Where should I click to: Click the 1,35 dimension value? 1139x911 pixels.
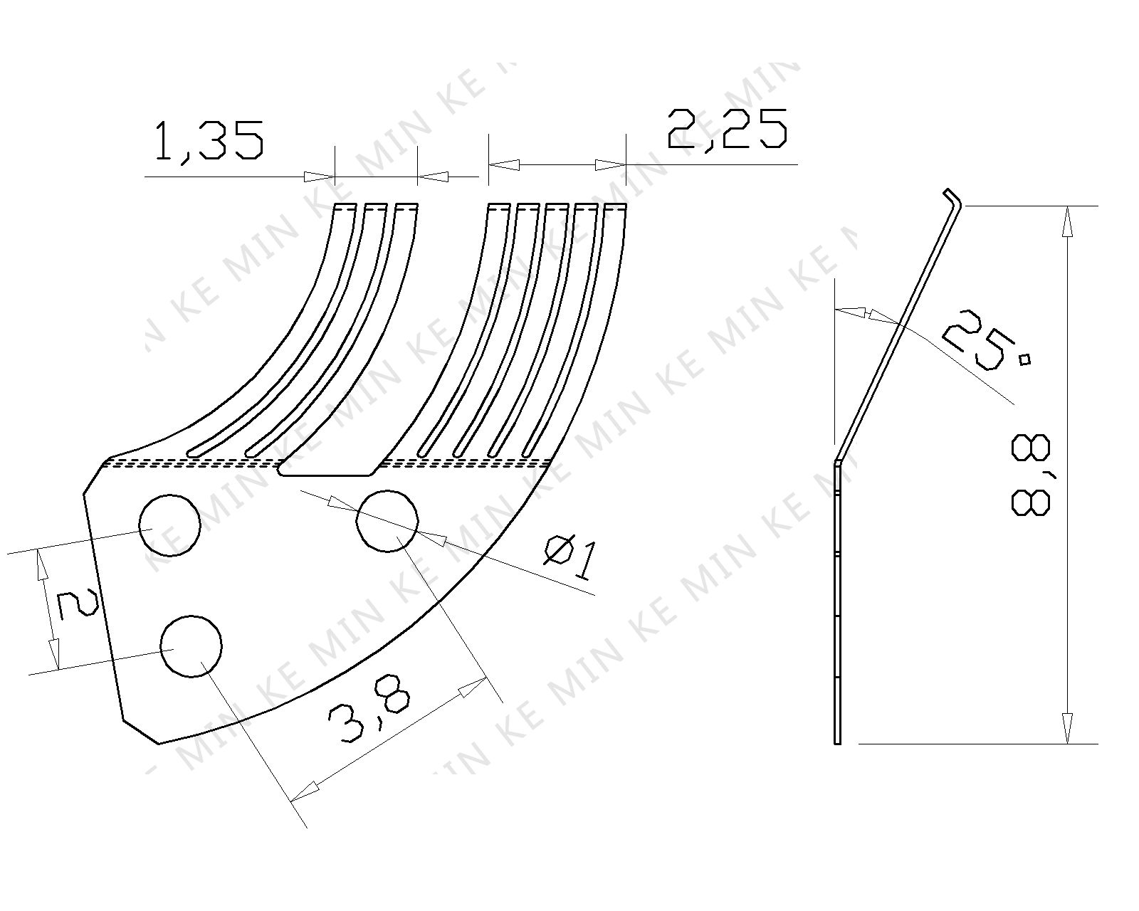(x=209, y=141)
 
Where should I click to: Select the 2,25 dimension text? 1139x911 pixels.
(x=728, y=129)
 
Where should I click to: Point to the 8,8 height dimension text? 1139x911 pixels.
(x=1030, y=474)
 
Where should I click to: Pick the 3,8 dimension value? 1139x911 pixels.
(x=369, y=710)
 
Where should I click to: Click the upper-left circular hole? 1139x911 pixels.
(x=169, y=525)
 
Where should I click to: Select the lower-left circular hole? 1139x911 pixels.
(x=191, y=646)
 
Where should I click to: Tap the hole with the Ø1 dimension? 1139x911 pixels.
(x=387, y=521)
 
